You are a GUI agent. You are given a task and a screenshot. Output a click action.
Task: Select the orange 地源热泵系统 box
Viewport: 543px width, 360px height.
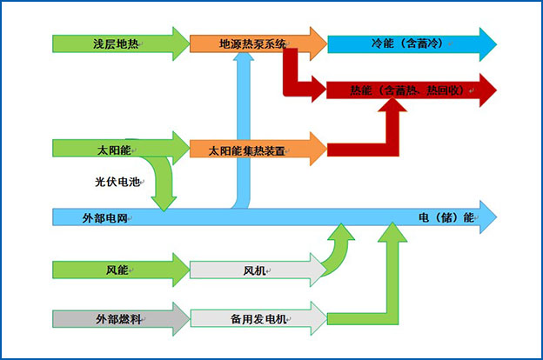click(252, 43)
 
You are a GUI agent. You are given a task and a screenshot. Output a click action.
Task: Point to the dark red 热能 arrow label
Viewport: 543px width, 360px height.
click(400, 90)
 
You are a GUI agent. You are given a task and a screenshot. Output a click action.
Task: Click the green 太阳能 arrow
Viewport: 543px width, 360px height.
click(113, 150)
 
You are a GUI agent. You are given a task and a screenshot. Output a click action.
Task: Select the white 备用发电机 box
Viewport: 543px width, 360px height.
click(252, 319)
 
